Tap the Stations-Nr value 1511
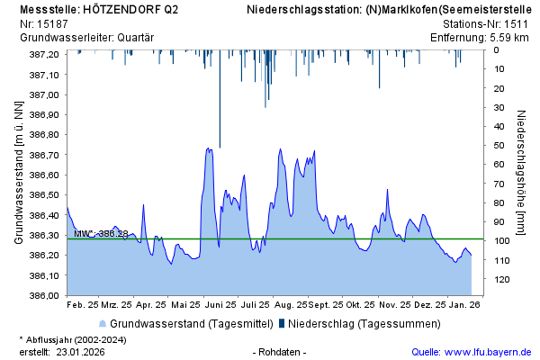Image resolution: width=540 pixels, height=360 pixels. [517, 24]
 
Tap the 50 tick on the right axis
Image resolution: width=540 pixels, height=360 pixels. [497, 145]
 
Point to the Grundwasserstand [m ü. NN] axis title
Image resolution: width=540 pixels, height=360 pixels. [18, 175]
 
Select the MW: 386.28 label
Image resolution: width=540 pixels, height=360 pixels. [101, 234]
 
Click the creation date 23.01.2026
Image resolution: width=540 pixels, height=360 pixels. [81, 352]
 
